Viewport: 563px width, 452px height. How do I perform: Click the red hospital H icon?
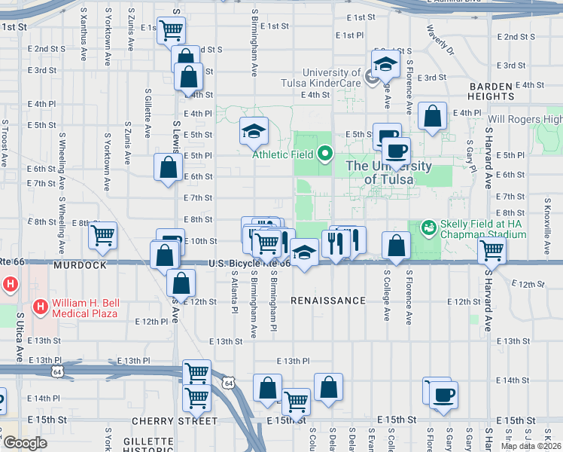point(11,285)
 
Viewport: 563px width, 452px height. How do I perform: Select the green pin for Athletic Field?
point(325,154)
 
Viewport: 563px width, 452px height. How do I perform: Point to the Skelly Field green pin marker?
point(428,227)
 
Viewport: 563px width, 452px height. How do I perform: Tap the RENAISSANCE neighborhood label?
point(328,301)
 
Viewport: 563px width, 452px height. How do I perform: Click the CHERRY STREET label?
point(175,421)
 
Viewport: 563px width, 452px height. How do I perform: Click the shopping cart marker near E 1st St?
point(171,31)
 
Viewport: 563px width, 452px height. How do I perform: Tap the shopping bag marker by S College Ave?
point(396,245)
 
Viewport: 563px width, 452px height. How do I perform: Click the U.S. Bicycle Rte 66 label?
point(248,264)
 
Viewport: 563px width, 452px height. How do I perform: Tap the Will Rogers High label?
point(525,119)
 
